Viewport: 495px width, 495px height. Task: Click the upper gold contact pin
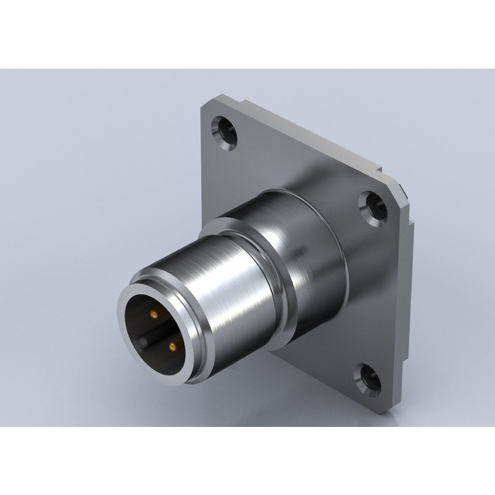tap(152, 315)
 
